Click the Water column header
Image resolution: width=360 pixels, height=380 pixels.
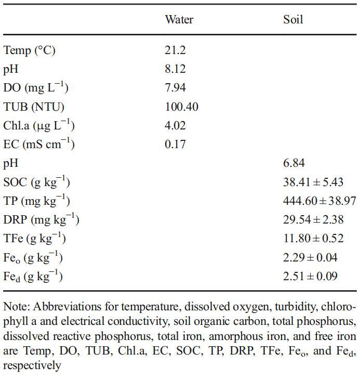click(179, 20)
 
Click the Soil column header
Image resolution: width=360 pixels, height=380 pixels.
click(293, 20)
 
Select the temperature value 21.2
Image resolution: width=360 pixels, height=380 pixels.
click(175, 50)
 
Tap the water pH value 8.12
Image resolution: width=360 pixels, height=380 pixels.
click(175, 69)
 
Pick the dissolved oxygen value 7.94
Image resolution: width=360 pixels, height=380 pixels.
click(175, 88)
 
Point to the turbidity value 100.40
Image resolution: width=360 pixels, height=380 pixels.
click(181, 107)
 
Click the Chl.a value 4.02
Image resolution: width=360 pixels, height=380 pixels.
click(175, 126)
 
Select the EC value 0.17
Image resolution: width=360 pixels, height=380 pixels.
click(175, 145)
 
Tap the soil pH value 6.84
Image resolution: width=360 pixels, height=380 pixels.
click(294, 163)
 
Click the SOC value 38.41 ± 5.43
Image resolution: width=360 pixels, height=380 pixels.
click(313, 182)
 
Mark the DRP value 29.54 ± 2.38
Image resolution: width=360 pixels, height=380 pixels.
click(313, 220)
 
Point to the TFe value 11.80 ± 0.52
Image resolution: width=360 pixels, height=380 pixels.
click(313, 239)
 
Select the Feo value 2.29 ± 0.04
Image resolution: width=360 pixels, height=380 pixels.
click(310, 257)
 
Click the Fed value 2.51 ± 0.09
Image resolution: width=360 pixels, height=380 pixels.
click(310, 276)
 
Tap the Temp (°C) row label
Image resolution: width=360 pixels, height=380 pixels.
click(29, 50)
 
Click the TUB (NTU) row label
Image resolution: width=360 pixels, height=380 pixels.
click(34, 107)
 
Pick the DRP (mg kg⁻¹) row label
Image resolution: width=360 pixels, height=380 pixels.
click(41, 220)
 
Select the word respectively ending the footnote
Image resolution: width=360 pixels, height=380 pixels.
click(32, 365)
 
